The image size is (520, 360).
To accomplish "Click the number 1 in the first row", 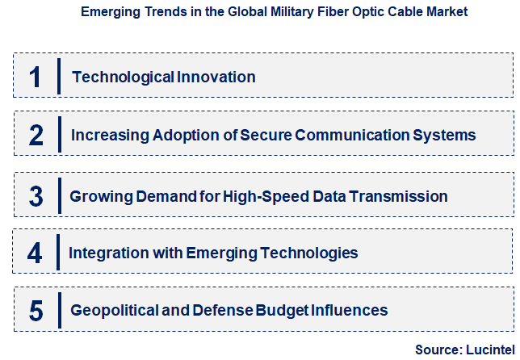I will tap(35, 77).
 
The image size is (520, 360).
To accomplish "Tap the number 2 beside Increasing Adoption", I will tap(36, 136).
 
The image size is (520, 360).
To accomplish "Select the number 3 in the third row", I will tap(36, 196).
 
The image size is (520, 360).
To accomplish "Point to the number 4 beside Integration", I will tap(35, 253).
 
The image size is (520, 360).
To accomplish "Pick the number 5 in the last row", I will tap(36, 311).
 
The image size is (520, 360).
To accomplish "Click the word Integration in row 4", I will tap(110, 253).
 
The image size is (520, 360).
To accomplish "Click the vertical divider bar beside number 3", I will tap(59, 196).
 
